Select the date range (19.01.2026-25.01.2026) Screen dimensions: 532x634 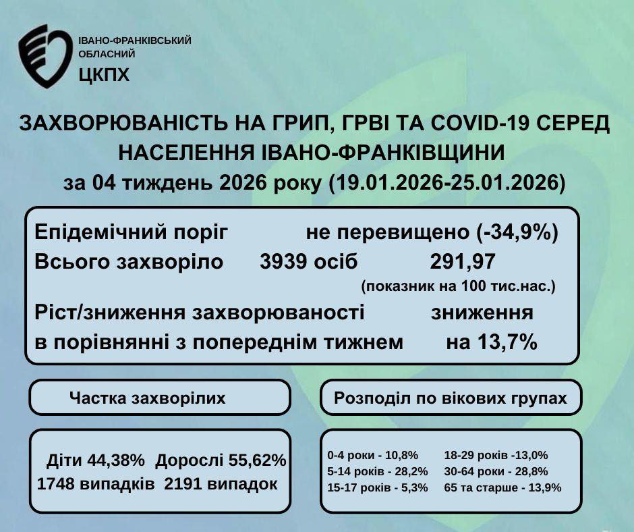point(447,183)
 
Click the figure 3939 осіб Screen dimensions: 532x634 point(309,261)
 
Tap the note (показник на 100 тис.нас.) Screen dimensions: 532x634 point(458,286)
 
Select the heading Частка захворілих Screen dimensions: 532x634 point(147,398)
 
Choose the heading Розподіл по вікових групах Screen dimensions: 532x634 point(451,398)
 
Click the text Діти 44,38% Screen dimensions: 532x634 point(96,461)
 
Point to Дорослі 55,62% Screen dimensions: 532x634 point(221,461)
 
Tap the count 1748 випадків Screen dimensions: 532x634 point(95,484)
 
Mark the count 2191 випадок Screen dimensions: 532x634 point(221,484)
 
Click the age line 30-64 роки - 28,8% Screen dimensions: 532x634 point(496,471)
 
